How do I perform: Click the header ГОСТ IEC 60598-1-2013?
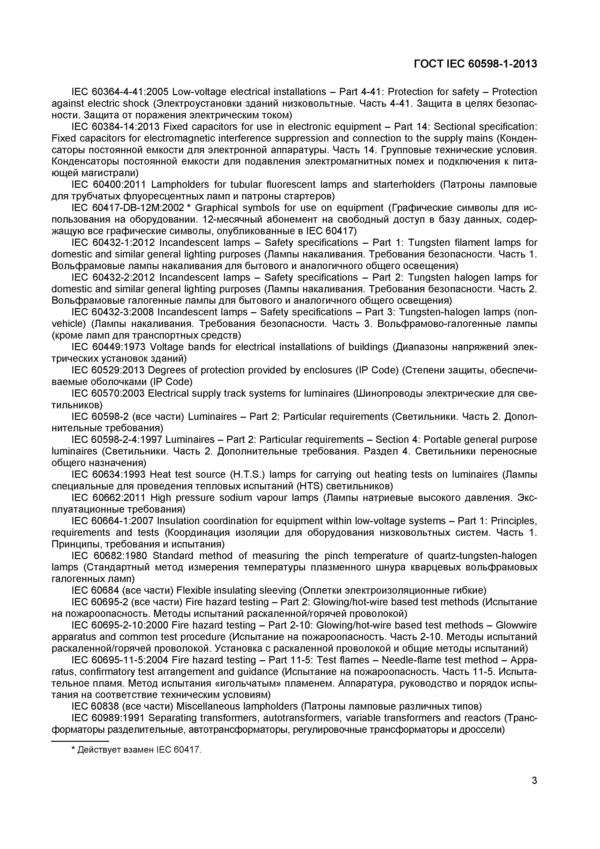pyautogui.click(x=475, y=64)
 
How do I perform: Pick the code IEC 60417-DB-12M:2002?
pyautogui.click(x=127, y=208)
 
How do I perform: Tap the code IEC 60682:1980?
pyautogui.click(x=110, y=556)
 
